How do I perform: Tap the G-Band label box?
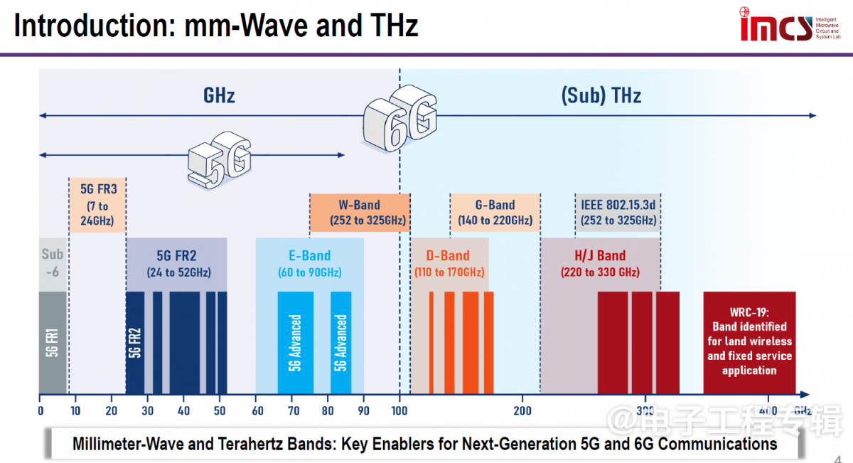[495, 213]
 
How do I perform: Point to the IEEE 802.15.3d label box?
[618, 213]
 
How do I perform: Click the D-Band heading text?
[449, 255]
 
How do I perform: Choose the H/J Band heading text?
[600, 255]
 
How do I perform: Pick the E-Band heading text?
[309, 255]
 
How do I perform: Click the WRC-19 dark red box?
[749, 342]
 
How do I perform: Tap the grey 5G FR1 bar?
[53, 342]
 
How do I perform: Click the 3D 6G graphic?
[399, 114]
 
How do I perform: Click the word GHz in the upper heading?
[219, 95]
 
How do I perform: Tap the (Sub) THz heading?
[601, 95]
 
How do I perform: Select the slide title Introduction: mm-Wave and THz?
[216, 26]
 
